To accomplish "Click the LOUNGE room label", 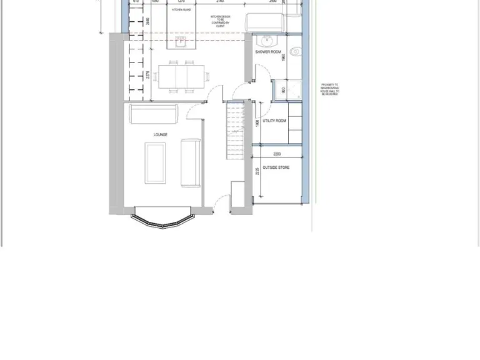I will pos(161,134).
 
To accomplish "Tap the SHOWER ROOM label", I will pos(268,52).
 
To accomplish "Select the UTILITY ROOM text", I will pos(274,121).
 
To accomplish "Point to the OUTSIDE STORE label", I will pos(276,167).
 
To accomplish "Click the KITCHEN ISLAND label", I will pos(181,10).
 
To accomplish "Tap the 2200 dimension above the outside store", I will pos(277,154).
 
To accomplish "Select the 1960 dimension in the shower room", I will pos(283,58).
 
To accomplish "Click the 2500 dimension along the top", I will pos(272,2).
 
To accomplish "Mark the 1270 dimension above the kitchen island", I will pos(181,2).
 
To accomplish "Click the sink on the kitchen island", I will pos(181,43).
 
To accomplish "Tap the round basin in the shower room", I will pos(266,41).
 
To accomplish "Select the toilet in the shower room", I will pos(296,51).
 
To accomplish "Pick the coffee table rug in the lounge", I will pos(156,163).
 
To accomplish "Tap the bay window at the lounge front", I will pos(162,220).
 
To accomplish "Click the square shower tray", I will pos(286,91).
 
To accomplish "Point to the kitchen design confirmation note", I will pos(220,21).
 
